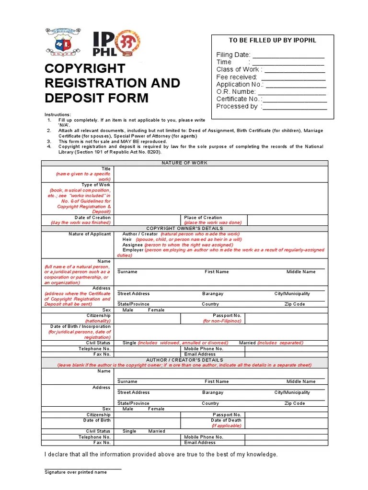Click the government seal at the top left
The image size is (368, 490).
click(x=63, y=42)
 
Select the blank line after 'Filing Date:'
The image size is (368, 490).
click(x=288, y=55)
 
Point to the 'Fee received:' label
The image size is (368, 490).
click(x=237, y=77)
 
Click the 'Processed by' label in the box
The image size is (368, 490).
click(x=237, y=106)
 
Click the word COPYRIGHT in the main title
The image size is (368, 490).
click(x=85, y=68)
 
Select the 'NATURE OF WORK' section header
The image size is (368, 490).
click(x=184, y=163)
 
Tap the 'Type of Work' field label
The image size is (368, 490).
click(x=96, y=185)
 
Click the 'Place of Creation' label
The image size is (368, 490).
click(x=203, y=217)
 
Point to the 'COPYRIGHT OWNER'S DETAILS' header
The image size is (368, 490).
click(x=184, y=228)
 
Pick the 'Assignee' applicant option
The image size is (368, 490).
click(x=133, y=245)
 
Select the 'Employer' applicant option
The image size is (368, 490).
click(x=133, y=250)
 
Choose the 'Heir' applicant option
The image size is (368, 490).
click(x=127, y=239)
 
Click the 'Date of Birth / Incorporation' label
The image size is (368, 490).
click(x=80, y=326)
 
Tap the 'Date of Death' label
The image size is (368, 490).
click(x=226, y=420)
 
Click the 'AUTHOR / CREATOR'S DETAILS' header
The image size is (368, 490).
click(x=184, y=360)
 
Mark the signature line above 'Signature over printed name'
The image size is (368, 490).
click(x=83, y=468)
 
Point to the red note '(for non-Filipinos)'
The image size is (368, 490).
click(x=222, y=321)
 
